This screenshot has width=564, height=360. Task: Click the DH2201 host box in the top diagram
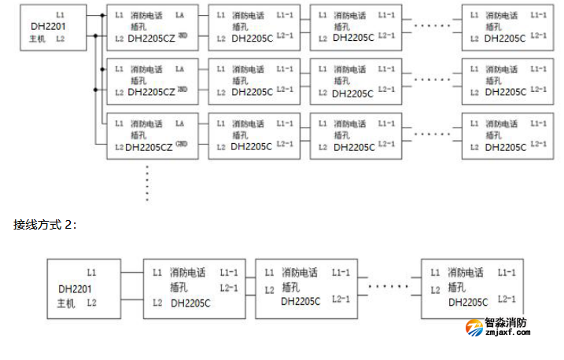(53, 28)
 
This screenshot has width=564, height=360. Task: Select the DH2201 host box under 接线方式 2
(83, 289)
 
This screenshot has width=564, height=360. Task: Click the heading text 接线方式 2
(46, 224)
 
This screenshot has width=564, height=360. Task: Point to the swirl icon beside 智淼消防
(475, 327)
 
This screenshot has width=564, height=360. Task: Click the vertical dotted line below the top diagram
(147, 184)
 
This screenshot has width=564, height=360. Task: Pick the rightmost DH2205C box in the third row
(504, 135)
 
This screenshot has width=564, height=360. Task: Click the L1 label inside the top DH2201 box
(61, 16)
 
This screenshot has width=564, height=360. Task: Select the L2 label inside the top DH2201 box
(61, 38)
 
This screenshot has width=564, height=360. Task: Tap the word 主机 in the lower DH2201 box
(65, 304)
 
